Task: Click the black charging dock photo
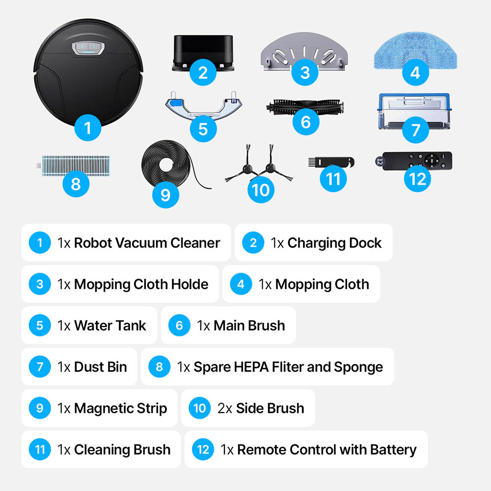tap(203, 53)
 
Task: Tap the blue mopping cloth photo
tap(415, 50)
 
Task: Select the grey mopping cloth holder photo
tap(304, 52)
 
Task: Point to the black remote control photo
tap(413, 161)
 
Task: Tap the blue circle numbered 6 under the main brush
tap(305, 122)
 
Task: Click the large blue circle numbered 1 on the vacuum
tap(88, 128)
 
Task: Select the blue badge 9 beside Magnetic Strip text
tap(40, 408)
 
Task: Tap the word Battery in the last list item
tap(393, 450)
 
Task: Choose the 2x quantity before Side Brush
tap(224, 409)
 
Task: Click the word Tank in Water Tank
tap(132, 326)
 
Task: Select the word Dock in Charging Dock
tap(365, 243)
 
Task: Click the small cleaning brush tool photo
tap(331, 162)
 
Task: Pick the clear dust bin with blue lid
tap(414, 111)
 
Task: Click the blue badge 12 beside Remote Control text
tap(203, 449)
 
